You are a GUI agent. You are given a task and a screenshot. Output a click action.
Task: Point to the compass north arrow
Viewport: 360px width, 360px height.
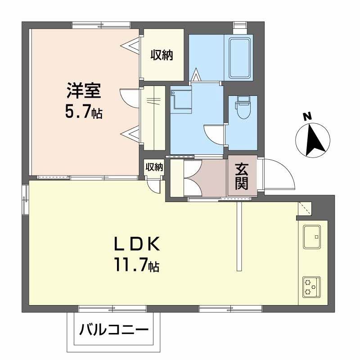click(x=314, y=139)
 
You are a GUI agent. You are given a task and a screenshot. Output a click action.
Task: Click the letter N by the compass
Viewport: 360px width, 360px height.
click(x=308, y=117)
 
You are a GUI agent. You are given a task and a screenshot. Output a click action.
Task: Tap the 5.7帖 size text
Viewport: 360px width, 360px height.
click(x=84, y=112)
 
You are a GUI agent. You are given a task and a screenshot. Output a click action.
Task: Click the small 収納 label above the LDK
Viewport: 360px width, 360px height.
click(x=154, y=167)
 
